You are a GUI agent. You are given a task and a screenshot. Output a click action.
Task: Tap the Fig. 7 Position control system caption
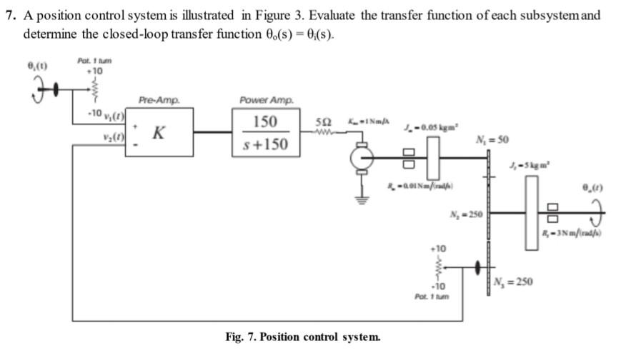point(303,336)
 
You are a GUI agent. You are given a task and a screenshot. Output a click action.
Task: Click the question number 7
point(9,15)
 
